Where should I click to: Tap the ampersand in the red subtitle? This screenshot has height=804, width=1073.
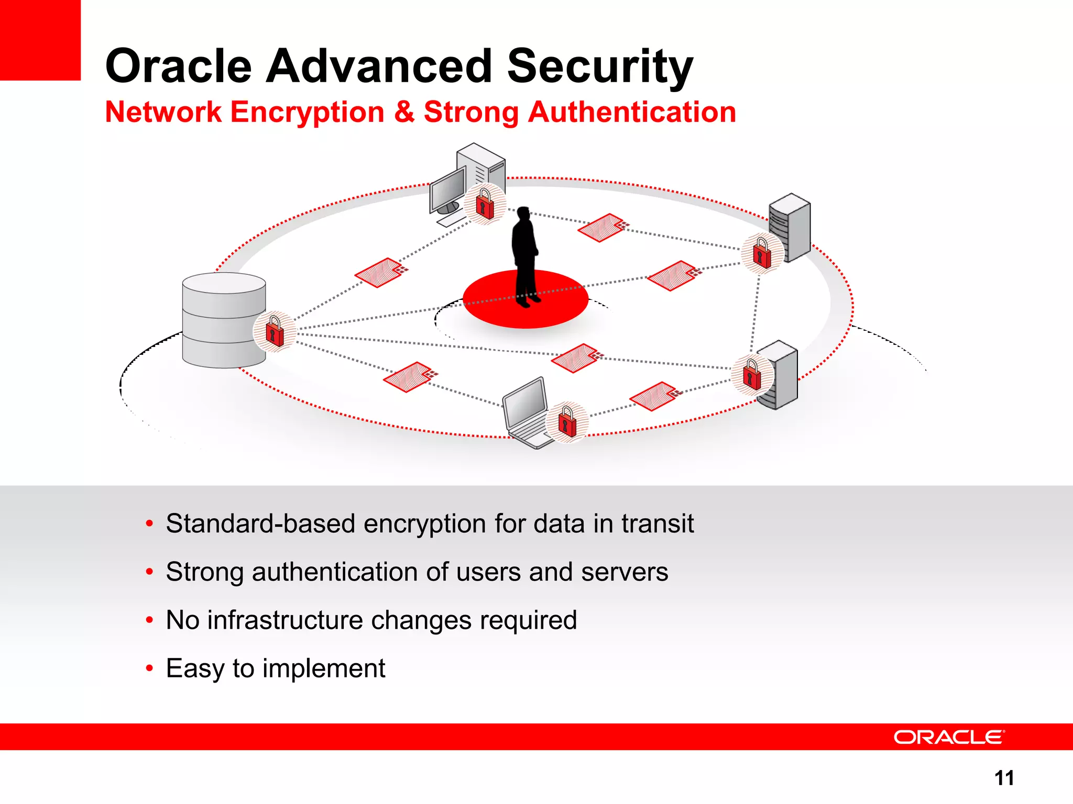(404, 112)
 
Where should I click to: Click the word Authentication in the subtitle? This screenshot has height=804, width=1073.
(631, 112)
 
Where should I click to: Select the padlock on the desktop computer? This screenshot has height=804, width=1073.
(485, 204)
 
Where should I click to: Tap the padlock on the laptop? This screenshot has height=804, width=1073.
(567, 422)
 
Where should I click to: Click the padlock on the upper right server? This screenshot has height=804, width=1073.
(762, 253)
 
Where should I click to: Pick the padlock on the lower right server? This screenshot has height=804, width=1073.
(752, 374)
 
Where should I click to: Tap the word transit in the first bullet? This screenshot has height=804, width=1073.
(658, 523)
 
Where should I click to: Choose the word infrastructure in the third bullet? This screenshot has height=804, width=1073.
(285, 620)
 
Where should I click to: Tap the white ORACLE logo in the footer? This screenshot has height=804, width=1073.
(949, 737)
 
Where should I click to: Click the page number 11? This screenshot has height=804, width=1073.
(1004, 778)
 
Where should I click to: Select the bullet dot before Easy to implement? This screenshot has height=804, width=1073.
(150, 668)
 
